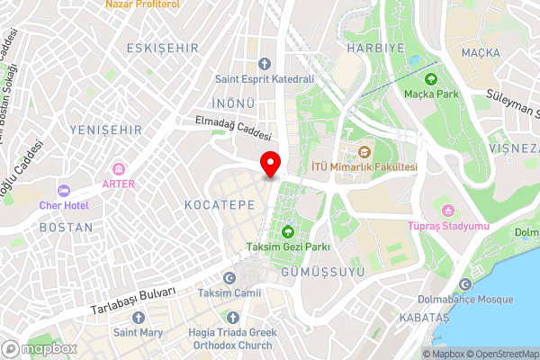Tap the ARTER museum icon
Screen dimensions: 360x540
coord(119,168)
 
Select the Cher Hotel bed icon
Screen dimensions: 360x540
coord(64,190)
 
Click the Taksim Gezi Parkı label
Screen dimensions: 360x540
coord(288,247)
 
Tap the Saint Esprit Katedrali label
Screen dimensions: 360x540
coord(264,79)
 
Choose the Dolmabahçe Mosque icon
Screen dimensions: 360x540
coord(465,284)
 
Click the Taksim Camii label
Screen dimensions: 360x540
coord(229,293)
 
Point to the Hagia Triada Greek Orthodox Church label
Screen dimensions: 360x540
coord(232,338)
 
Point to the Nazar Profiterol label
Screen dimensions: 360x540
coord(142,4)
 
